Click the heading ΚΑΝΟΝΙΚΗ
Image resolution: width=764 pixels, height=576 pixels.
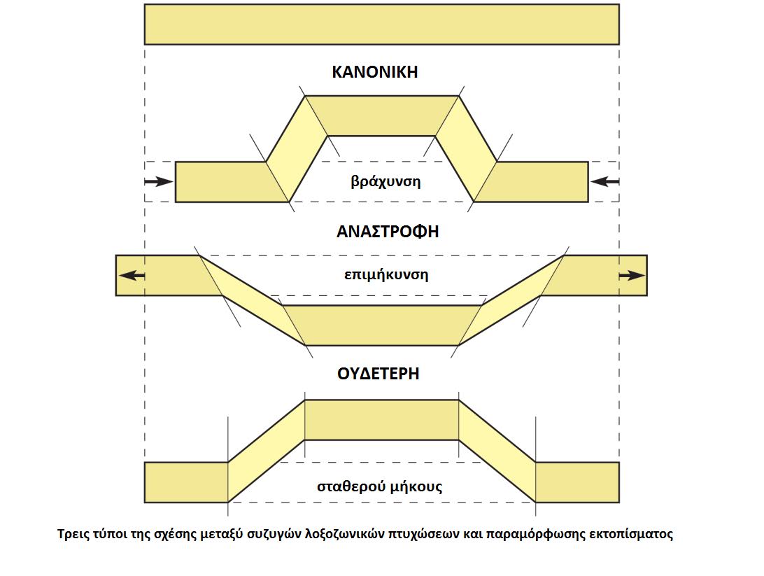point(375,72)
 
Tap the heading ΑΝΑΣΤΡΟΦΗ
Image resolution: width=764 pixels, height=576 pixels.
point(388,231)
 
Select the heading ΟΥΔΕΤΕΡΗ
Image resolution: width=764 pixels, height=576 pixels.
point(378,374)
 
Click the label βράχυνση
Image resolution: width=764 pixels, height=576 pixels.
point(385,182)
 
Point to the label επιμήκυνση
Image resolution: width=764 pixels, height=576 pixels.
point(386,275)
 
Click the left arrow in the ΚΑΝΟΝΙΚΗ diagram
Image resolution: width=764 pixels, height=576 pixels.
point(159,182)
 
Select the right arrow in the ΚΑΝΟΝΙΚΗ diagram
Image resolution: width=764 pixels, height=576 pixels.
point(604,182)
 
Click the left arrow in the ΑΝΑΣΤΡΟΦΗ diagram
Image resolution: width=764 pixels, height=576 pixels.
point(132,275)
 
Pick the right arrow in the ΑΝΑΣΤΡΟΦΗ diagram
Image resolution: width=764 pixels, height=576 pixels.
point(632,275)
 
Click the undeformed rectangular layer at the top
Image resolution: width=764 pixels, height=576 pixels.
point(381,24)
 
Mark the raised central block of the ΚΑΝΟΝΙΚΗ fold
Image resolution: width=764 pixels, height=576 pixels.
point(381,115)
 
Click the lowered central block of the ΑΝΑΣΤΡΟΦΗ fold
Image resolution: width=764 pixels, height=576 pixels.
point(381,325)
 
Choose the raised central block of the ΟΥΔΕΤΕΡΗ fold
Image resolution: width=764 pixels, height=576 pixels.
point(381,420)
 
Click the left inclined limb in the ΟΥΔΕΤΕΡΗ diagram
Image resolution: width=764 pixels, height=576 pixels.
point(266,451)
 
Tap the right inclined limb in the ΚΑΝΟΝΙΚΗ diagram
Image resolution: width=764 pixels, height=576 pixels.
point(466,148)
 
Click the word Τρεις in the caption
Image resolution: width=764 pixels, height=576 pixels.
point(71,534)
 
